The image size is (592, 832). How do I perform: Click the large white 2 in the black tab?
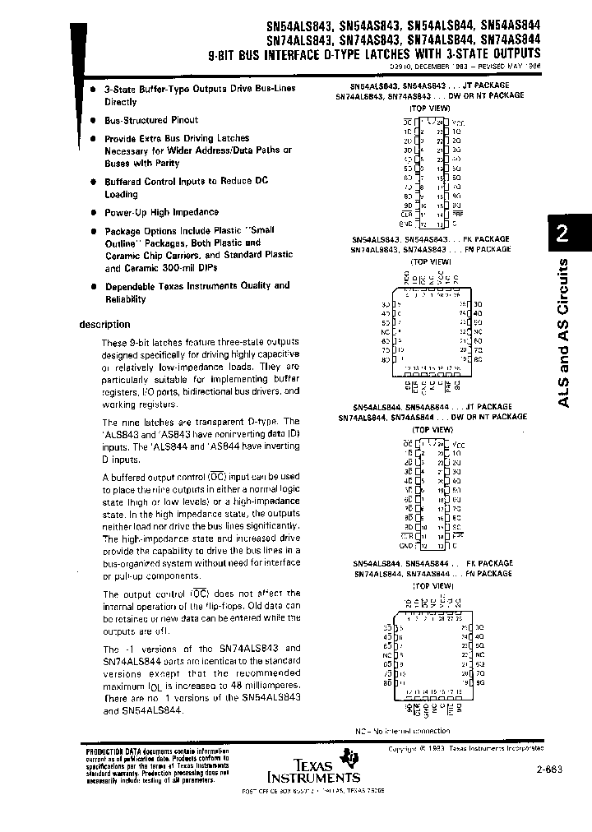pos(562,234)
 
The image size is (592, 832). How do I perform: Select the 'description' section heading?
pos(104,324)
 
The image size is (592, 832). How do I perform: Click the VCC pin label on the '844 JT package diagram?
pos(459,444)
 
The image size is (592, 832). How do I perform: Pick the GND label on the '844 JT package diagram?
pos(405,546)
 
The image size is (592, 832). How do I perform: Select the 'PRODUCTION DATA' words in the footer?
pos(112,751)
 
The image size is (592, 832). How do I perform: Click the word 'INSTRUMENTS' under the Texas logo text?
pos(313,777)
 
